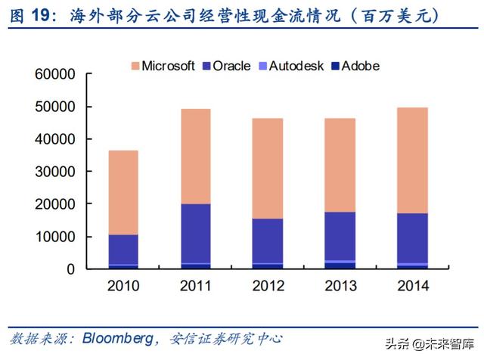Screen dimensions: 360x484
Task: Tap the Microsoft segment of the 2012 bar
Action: [x=268, y=168]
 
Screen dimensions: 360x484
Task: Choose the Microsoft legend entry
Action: [x=168, y=66]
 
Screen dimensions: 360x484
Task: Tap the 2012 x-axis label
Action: [x=268, y=287]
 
